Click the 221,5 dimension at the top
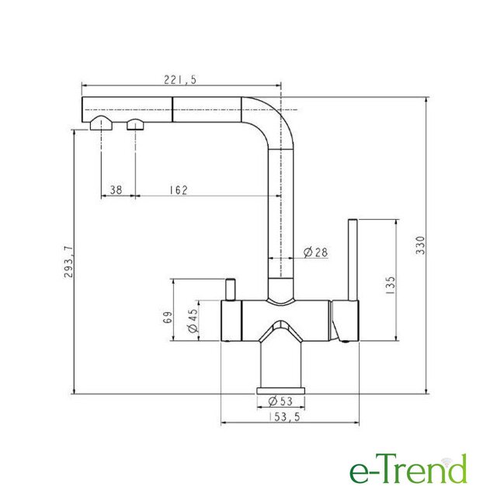[x=180, y=79]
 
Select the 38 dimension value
[x=116, y=189]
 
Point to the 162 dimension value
[x=179, y=189]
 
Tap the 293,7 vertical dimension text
[x=68, y=262]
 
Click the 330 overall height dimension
[x=420, y=245]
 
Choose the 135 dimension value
[x=391, y=286]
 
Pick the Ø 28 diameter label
[x=315, y=252]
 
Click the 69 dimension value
[x=168, y=318]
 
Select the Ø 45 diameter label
[x=193, y=321]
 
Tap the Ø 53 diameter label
[x=280, y=401]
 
